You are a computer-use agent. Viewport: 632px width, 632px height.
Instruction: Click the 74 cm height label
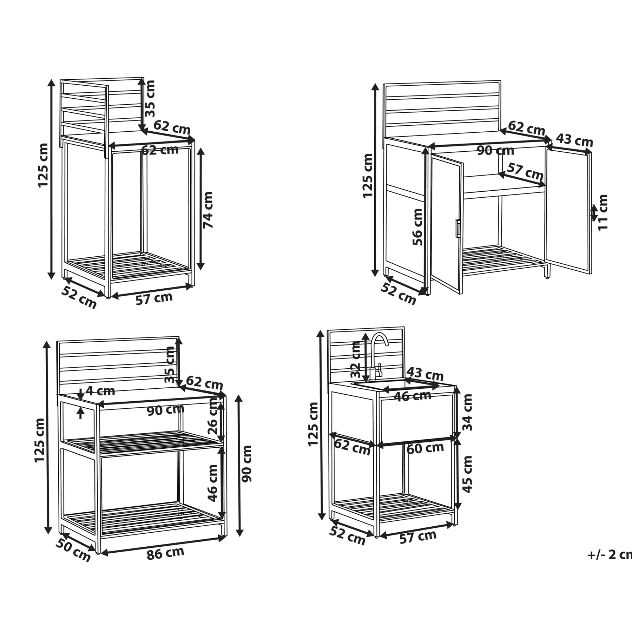click(x=208, y=210)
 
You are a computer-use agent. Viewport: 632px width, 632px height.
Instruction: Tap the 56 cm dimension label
click(x=417, y=227)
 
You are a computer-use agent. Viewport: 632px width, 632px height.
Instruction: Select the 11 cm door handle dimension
click(x=602, y=212)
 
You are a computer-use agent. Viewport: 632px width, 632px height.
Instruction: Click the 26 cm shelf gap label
click(x=213, y=416)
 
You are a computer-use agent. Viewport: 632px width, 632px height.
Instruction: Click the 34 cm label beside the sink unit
click(x=467, y=412)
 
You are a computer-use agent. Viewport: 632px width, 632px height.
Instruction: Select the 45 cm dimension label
click(x=467, y=474)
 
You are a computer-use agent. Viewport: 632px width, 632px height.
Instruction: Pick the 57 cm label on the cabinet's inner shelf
click(x=525, y=171)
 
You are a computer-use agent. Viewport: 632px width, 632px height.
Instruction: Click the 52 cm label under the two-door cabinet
click(x=398, y=293)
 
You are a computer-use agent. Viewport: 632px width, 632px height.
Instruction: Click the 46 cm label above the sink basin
click(x=412, y=396)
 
